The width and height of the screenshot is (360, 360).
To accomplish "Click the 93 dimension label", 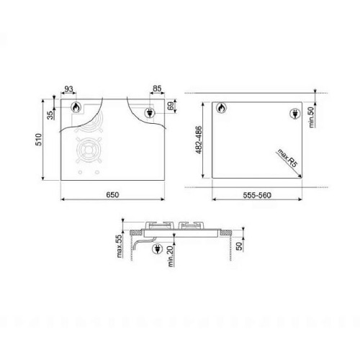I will coord(69,89).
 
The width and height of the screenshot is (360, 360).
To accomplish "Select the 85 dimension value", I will coord(157,89).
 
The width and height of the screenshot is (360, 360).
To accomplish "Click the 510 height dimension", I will coord(40,144).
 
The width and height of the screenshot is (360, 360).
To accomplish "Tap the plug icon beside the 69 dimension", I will coord(151,112).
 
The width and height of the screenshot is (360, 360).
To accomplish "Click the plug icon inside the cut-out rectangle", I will coord(294,112).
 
